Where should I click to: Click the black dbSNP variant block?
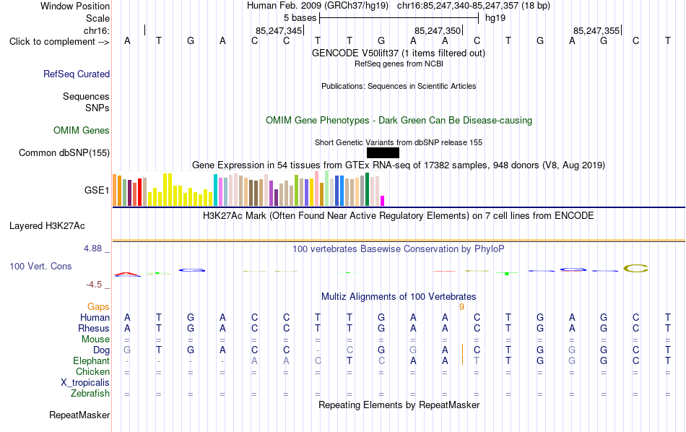pos(383,152)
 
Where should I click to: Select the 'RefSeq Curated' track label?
pos(77,74)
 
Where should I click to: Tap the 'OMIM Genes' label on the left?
pos(82,131)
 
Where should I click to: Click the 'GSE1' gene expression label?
pos(97,190)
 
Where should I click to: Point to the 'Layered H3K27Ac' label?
pos(47,226)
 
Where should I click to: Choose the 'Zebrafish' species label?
pos(90,394)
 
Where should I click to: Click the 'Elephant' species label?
pos(92,361)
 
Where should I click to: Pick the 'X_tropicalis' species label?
pos(85,383)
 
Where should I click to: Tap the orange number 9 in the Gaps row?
pos(461,307)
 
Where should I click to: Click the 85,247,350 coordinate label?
pos(438,30)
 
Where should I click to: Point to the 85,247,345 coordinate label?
pos(279,30)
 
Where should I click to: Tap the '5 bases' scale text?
pos(300,18)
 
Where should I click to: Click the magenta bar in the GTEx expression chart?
pos(383,201)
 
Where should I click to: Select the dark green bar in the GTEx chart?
pos(368,189)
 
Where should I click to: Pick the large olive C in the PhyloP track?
pos(635,268)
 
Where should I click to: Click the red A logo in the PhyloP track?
pos(127,275)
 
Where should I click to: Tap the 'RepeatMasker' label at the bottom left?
pos(79,415)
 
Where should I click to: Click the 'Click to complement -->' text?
pos(59,42)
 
